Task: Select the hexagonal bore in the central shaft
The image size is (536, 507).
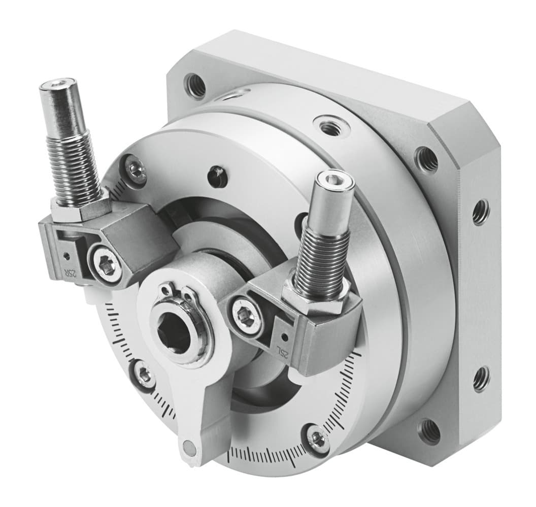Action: point(175,333)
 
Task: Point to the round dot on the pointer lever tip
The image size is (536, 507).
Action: point(189,447)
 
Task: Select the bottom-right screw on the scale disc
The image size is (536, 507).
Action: point(318,440)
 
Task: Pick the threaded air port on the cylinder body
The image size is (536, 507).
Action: point(327,125)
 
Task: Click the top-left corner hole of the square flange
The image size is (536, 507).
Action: point(195,85)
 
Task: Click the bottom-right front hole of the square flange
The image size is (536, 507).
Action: point(429,431)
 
